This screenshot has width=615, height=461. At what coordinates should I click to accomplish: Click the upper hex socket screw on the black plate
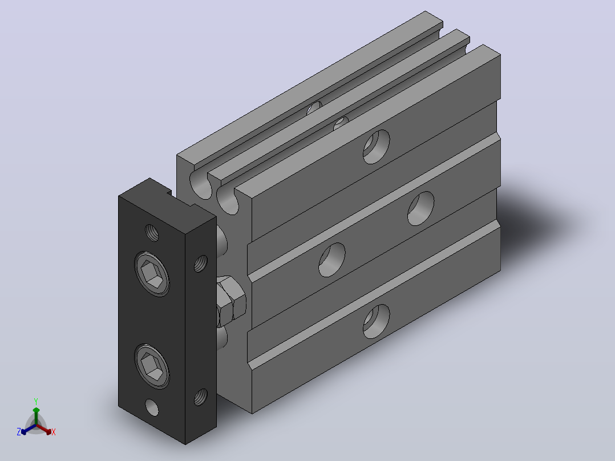152,274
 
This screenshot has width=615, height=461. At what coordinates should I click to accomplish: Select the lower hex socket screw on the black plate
152,366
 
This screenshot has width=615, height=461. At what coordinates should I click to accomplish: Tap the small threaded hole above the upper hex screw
152,233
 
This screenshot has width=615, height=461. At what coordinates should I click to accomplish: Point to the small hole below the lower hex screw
152,407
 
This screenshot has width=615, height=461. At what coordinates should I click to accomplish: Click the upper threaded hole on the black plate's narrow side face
201,263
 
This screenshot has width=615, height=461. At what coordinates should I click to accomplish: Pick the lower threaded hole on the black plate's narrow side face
201,397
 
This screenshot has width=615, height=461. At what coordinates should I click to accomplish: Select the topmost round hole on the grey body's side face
376,147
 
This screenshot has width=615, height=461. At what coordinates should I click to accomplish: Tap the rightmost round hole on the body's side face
421,208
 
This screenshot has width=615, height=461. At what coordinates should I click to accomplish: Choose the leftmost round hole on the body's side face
332,260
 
